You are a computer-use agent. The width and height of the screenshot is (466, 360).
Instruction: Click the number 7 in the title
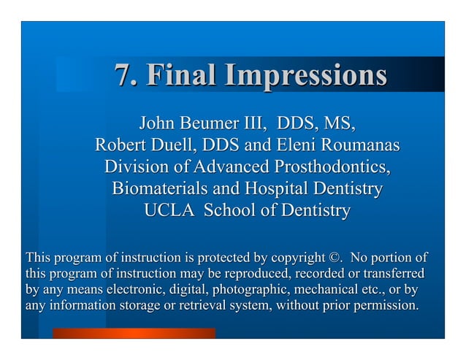(x=123, y=75)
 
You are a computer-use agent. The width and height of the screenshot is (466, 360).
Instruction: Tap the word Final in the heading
(x=181, y=75)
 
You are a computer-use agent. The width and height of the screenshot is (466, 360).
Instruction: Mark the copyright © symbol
(x=335, y=258)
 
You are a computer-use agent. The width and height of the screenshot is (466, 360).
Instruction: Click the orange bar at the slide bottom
(x=133, y=333)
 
